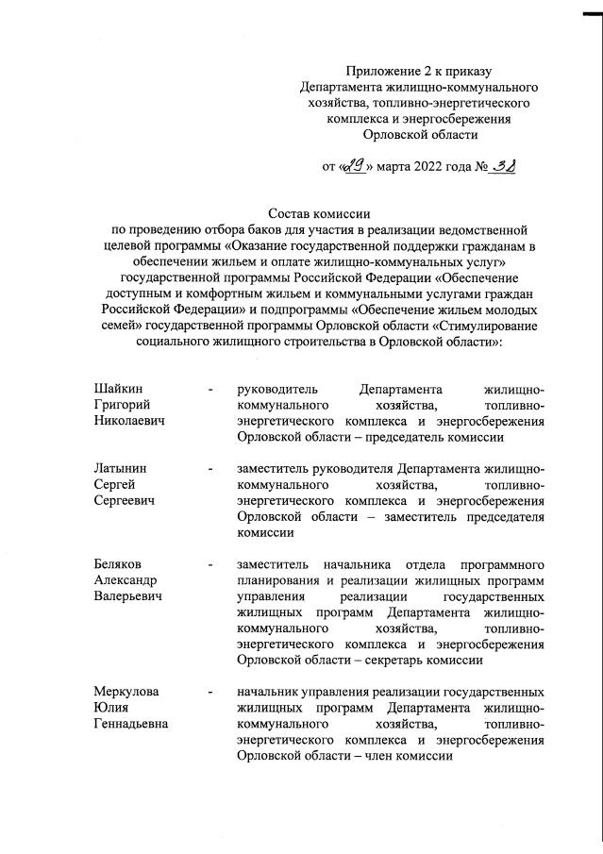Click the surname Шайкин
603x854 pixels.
pyautogui.click(x=118, y=390)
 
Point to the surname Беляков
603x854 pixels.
pyautogui.click(x=119, y=563)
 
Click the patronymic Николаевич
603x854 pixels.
pyautogui.click(x=128, y=422)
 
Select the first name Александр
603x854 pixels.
pyautogui.click(x=126, y=579)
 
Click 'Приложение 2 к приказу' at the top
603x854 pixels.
pyautogui.click(x=419, y=71)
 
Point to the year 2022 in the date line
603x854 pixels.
pyautogui.click(x=423, y=168)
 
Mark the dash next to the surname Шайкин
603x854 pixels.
pyautogui.click(x=211, y=390)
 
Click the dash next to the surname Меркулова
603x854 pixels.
pyautogui.click(x=211, y=692)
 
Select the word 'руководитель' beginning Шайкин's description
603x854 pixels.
pyautogui.click(x=279, y=390)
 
